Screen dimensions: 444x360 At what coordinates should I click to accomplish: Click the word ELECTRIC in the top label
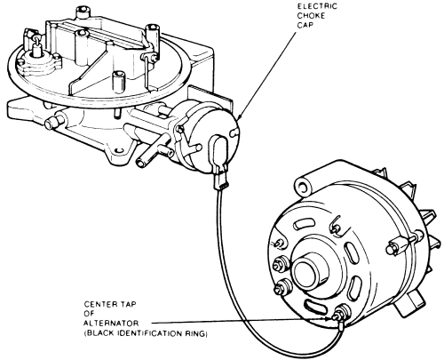click(x=317, y=6)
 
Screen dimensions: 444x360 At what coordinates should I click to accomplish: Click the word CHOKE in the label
click(x=311, y=16)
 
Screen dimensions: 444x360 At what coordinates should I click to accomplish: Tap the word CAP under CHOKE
click(x=305, y=25)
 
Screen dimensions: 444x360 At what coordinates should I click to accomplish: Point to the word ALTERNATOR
click(x=111, y=323)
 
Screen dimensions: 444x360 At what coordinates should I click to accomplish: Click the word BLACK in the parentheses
click(x=100, y=334)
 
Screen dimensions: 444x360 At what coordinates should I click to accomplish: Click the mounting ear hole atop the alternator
click(x=302, y=187)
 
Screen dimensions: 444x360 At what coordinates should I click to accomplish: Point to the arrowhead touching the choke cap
click(x=239, y=117)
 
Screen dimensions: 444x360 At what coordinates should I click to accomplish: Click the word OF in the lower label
click(x=89, y=314)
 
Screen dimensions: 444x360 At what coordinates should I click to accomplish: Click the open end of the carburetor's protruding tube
click(x=140, y=163)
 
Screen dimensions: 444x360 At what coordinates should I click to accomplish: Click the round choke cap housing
click(x=207, y=136)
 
